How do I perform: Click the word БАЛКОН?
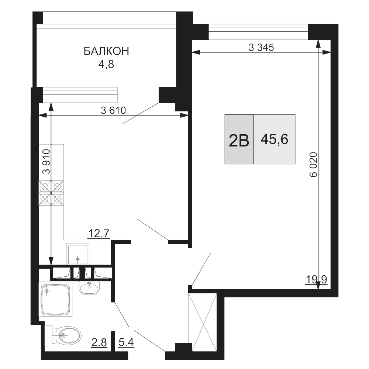click(x=107, y=52)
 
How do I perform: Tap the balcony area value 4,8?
click(x=106, y=65)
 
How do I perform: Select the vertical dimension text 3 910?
click(x=46, y=161)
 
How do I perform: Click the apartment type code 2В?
click(x=239, y=140)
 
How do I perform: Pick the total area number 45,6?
click(x=274, y=139)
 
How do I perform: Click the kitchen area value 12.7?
click(x=99, y=233)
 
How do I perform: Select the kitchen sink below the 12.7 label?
click(x=77, y=255)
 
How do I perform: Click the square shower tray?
click(x=56, y=299)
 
